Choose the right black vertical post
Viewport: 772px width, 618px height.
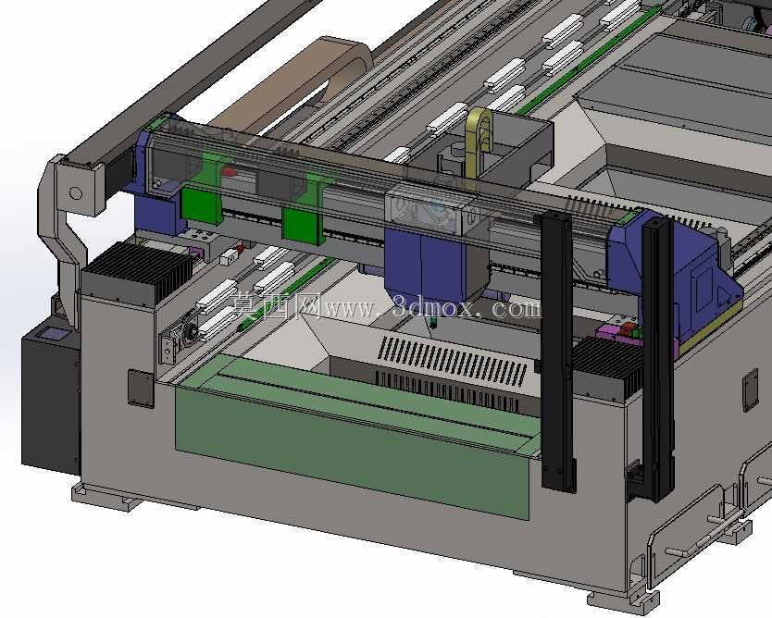coord(657,359)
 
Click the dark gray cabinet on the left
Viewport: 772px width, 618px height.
coord(50,399)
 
